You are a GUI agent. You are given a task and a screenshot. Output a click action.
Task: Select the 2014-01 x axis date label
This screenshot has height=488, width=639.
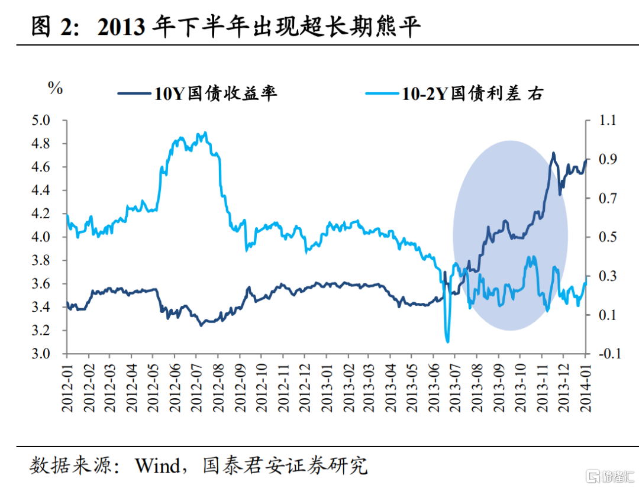pyautogui.click(x=585, y=387)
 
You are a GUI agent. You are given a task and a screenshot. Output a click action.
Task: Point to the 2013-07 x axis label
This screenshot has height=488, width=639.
pyautogui.click(x=456, y=387)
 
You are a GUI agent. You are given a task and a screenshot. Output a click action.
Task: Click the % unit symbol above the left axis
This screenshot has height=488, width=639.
pyautogui.click(x=55, y=89)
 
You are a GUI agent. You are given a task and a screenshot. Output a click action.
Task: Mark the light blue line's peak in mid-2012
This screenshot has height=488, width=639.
pyautogui.click(x=205, y=133)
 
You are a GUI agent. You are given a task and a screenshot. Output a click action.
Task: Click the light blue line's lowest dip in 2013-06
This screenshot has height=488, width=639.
pyautogui.click(x=447, y=341)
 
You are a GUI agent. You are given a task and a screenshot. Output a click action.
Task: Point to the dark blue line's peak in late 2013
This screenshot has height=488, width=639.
pyautogui.click(x=553, y=153)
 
